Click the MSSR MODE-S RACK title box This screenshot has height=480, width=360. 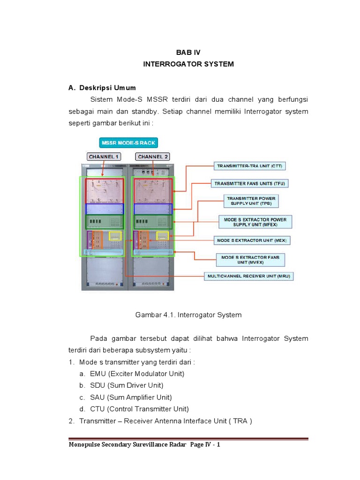point(128,142)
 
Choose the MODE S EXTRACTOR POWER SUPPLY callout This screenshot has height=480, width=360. point(255,222)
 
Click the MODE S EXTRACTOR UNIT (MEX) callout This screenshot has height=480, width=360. point(253,240)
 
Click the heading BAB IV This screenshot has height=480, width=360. point(188,52)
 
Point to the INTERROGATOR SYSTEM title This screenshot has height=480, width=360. point(188,64)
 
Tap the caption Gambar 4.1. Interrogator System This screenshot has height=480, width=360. point(188,315)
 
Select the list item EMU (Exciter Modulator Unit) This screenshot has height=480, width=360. point(132,374)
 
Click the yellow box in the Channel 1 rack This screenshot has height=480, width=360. point(115,236)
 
